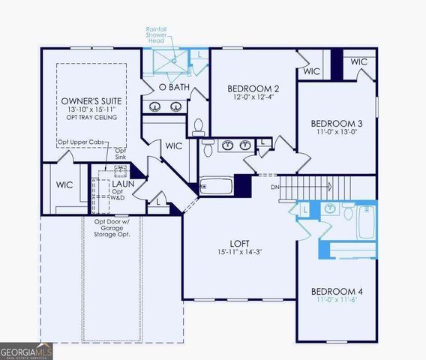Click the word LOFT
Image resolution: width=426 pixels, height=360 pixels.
[240, 243]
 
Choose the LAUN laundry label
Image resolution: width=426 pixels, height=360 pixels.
[122, 182]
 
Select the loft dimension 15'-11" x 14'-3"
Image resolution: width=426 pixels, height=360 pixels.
[240, 253]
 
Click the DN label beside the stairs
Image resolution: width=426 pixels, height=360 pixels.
[274, 186]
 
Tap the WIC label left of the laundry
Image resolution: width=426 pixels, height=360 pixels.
[64, 184]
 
